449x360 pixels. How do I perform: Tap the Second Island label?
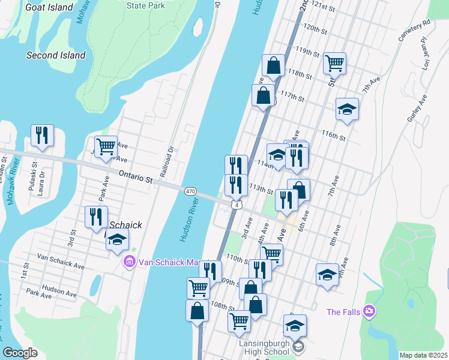[x=56, y=55]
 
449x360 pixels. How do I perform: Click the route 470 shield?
[x=190, y=191]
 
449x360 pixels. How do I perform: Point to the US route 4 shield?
[x=238, y=205]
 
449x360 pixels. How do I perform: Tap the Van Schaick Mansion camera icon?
[x=129, y=262]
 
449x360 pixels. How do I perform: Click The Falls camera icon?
[x=369, y=311]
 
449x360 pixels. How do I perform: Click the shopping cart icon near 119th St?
[x=334, y=62]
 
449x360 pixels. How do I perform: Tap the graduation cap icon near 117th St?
[x=347, y=109]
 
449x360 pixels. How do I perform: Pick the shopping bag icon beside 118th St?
[x=273, y=66]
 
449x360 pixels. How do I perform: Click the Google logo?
[x=20, y=353]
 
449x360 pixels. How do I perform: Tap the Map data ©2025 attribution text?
[x=423, y=355]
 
